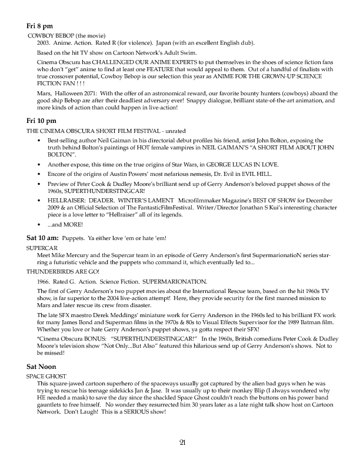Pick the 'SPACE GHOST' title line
coord(46,375)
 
